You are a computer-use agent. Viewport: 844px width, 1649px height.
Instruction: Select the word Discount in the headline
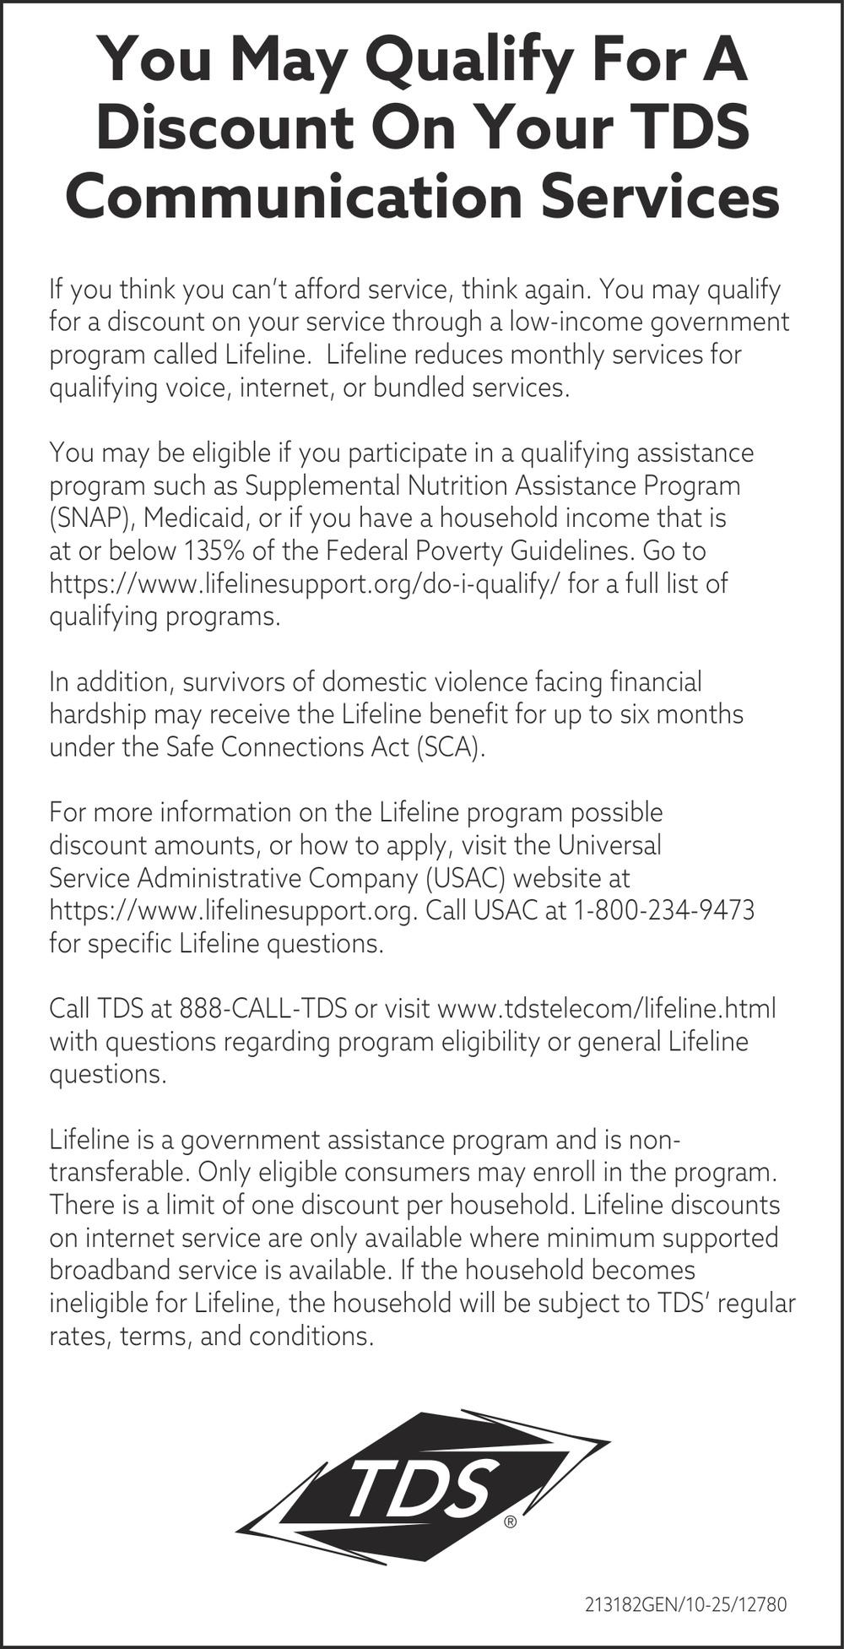pos(225,129)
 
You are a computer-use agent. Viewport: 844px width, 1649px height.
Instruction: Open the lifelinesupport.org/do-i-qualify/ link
pos(305,583)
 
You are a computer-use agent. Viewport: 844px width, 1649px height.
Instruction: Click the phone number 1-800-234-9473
pos(663,911)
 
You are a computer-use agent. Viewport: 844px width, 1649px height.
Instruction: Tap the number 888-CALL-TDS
pos(263,1008)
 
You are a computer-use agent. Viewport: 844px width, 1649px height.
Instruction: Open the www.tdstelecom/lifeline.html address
pos(607,1008)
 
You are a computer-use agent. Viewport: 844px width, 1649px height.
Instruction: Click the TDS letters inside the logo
pos(419,1488)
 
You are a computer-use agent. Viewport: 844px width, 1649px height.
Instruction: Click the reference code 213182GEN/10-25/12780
pos(685,1604)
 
